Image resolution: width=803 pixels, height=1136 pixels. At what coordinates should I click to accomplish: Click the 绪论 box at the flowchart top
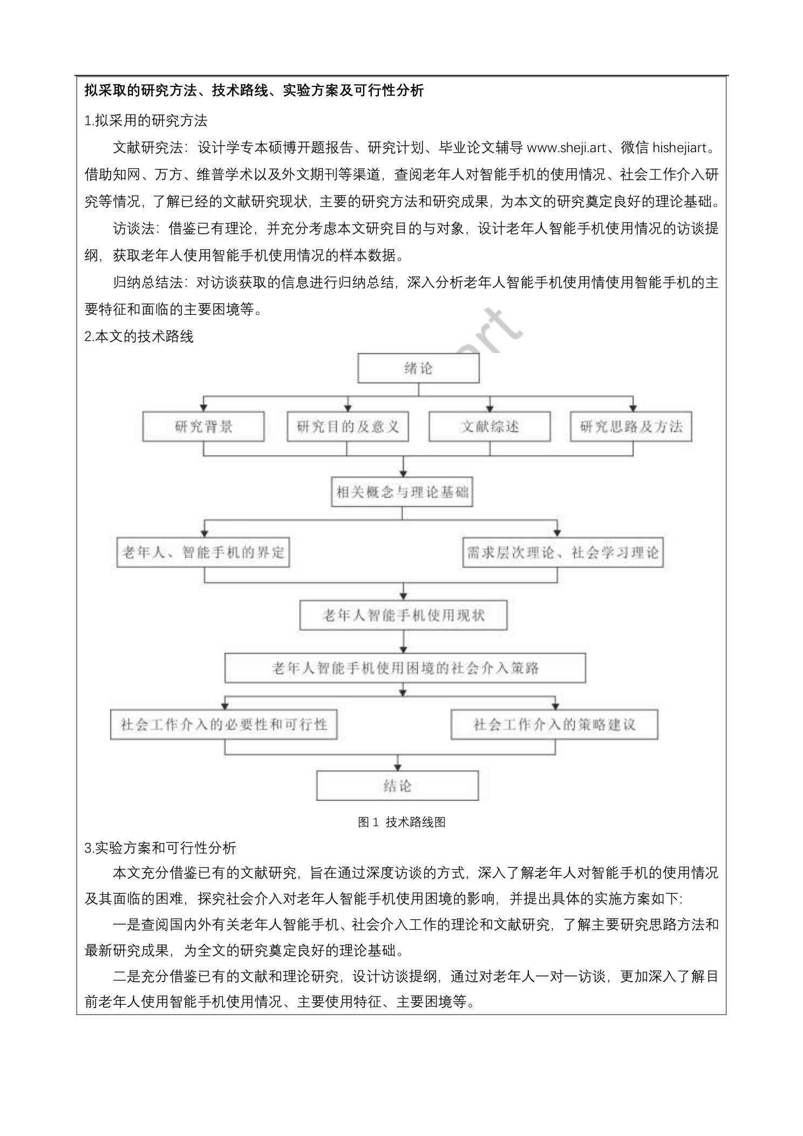pyautogui.click(x=418, y=369)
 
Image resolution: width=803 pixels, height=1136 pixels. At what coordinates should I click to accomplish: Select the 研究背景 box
pyautogui.click(x=203, y=427)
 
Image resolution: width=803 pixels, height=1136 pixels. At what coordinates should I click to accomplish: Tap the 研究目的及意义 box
pyautogui.click(x=348, y=427)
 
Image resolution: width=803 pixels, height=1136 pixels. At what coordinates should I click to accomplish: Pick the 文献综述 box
pyautogui.click(x=489, y=427)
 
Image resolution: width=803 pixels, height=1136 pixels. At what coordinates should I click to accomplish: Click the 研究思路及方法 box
pyautogui.click(x=631, y=427)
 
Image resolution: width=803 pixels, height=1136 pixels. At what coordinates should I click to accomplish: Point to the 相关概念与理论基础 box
pyautogui.click(x=402, y=492)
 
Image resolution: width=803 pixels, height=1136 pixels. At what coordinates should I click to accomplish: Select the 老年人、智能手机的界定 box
pyautogui.click(x=203, y=552)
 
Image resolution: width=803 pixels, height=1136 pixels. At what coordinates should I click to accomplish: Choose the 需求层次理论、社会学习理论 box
pyautogui.click(x=562, y=552)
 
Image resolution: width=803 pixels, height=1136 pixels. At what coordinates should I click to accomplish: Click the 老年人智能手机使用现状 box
pyautogui.click(x=403, y=615)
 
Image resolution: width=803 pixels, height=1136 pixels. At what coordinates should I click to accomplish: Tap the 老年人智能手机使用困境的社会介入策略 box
pyautogui.click(x=405, y=668)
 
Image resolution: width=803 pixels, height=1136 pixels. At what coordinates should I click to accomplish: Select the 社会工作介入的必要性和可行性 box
pyautogui.click(x=224, y=724)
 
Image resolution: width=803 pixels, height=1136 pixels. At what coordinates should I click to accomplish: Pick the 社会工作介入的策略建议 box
pyautogui.click(x=554, y=724)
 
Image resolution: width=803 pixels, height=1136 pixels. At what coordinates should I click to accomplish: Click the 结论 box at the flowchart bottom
pyautogui.click(x=397, y=786)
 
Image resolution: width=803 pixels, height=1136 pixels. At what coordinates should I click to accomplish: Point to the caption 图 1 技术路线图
pyautogui.click(x=401, y=822)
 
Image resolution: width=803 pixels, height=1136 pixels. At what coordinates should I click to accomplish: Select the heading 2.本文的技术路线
pyautogui.click(x=139, y=337)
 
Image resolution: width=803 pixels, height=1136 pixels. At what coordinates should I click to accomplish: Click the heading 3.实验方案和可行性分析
pyautogui.click(x=160, y=848)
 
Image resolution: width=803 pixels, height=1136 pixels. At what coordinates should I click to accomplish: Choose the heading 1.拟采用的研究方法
pyautogui.click(x=146, y=120)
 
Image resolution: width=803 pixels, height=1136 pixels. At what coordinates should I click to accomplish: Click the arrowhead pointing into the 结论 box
pyautogui.click(x=398, y=766)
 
